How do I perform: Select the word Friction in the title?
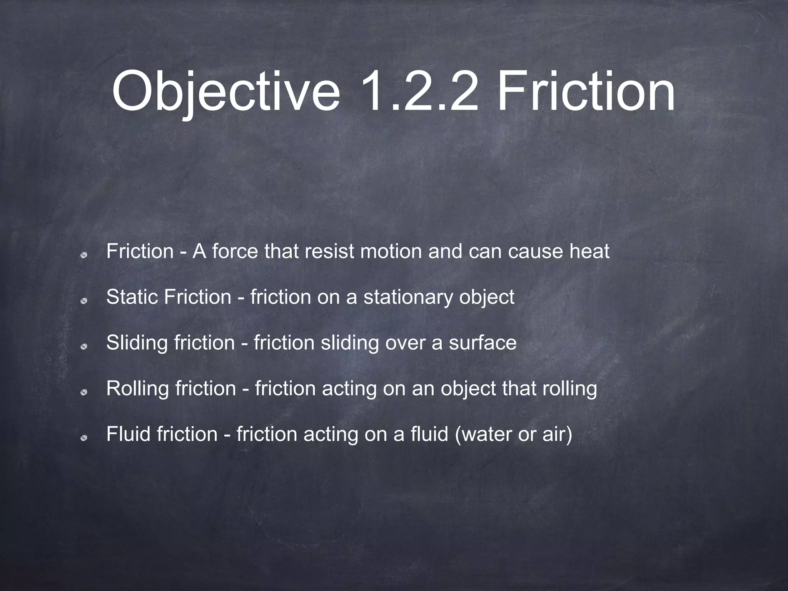tap(585, 93)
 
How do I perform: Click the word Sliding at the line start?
tap(137, 342)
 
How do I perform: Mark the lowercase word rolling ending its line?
tap(569, 388)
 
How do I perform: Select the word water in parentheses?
tap(481, 434)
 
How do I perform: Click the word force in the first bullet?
tap(235, 251)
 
